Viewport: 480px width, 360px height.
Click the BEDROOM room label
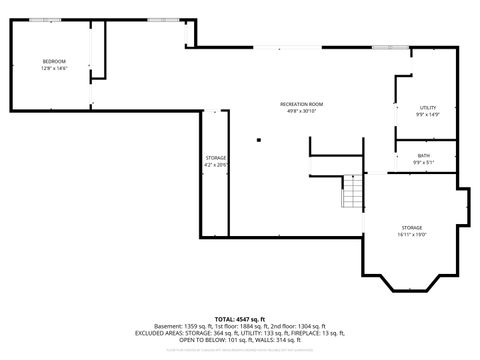pos(53,62)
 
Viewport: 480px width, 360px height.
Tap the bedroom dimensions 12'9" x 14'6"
pos(53,68)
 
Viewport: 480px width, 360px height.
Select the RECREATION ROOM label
pos(301,104)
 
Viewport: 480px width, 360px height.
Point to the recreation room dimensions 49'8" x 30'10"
pos(301,110)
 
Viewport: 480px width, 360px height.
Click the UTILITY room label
pos(428,108)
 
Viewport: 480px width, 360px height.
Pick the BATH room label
pos(424,155)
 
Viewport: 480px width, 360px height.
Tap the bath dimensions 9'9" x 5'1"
pos(424,161)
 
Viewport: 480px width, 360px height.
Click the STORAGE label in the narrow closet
pos(216,159)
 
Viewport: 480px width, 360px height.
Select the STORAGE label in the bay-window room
pos(412,228)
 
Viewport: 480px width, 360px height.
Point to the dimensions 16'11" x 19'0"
pos(412,234)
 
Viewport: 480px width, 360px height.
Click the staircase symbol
pos(352,191)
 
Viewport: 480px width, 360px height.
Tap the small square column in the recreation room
pos(258,140)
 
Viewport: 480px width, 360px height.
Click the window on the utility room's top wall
pos(383,47)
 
